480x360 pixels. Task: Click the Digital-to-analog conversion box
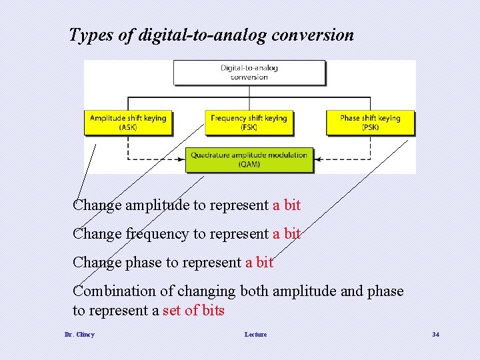[249, 72]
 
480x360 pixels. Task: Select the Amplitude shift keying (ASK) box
[128, 123]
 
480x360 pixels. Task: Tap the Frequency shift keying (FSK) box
[249, 123]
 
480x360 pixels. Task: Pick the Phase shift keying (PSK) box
[370, 123]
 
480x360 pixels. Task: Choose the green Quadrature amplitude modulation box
[249, 159]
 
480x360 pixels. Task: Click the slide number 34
[435, 334]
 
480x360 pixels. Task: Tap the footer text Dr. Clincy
[79, 334]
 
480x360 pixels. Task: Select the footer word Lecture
[255, 334]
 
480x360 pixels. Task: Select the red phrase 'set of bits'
[193, 311]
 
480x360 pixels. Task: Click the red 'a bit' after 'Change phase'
[259, 263]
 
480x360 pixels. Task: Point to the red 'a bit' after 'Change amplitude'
[287, 205]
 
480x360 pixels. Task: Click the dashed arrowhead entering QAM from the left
[182, 160]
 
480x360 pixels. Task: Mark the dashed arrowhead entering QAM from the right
[317, 160]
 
